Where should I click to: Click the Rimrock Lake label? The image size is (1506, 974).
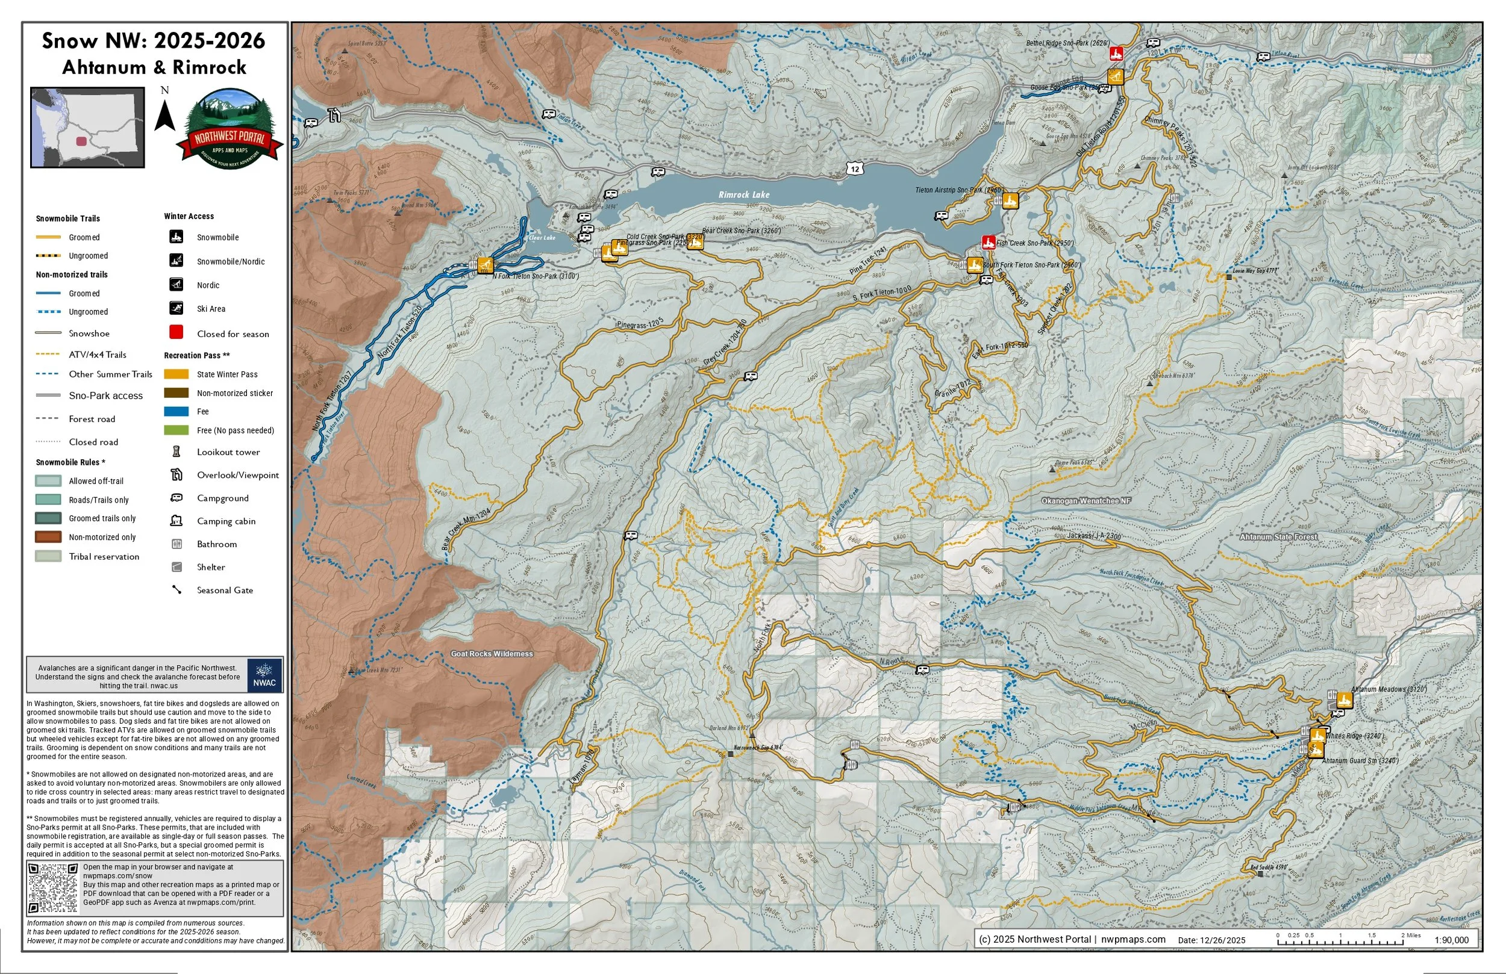(744, 195)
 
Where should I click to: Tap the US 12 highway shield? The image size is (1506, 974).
(855, 168)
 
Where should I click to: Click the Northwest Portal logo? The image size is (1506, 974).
(229, 129)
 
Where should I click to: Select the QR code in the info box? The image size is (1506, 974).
(53, 888)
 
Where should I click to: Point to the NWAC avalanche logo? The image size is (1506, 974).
(264, 675)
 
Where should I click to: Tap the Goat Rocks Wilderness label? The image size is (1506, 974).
(492, 654)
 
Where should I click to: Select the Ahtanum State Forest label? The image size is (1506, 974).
(1278, 537)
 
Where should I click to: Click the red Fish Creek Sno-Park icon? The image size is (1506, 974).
(988, 242)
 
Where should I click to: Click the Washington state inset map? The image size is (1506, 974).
(88, 128)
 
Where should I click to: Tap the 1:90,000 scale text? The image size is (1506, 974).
(1451, 940)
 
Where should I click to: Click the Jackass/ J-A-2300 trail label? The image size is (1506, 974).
(1093, 536)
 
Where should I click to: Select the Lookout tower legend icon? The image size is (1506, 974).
(177, 451)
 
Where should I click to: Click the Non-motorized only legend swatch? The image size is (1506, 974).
(48, 537)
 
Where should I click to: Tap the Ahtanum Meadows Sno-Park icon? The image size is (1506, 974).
(1343, 699)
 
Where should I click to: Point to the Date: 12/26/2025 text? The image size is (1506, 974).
(1211, 940)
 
